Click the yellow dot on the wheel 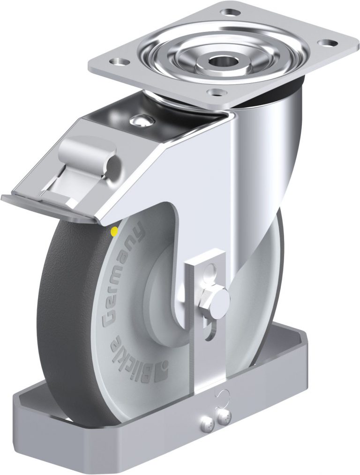point(115,232)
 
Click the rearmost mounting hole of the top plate point(230,13)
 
